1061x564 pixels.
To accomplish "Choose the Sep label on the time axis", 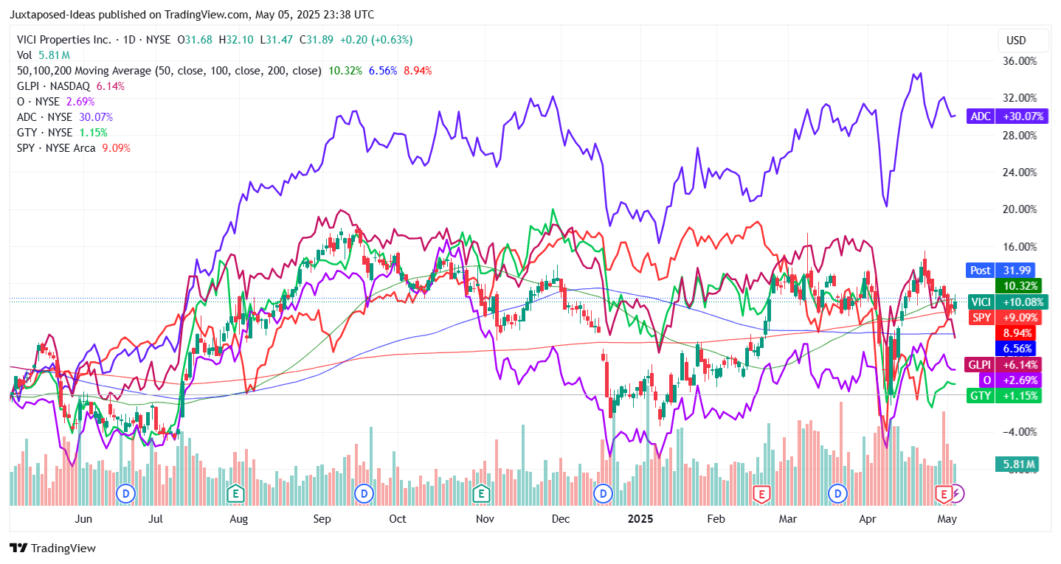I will click(x=322, y=519).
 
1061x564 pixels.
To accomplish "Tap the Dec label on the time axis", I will click(x=561, y=519).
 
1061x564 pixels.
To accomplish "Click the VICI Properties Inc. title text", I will click(x=64, y=40).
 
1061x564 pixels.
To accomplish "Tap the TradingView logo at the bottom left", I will click(x=52, y=549).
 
